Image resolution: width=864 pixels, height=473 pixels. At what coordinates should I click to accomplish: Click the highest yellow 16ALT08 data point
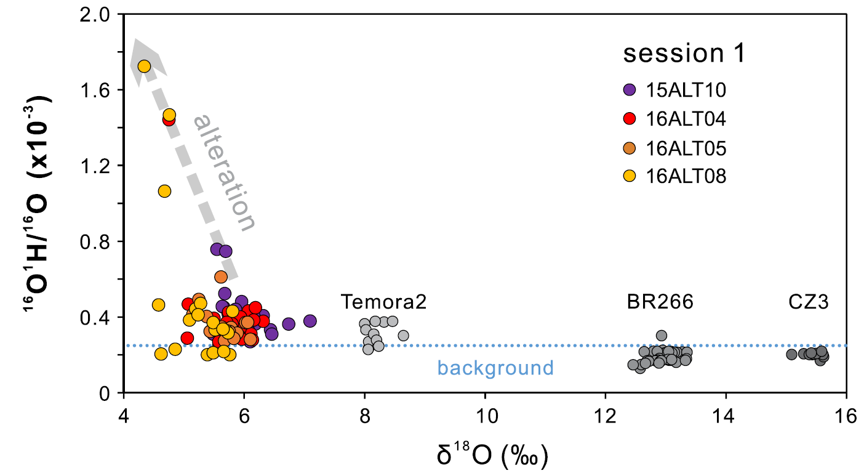145,67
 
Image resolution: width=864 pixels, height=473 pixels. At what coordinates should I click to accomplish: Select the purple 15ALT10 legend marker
629,91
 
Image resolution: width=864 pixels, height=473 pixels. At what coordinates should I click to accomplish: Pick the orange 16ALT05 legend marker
629,148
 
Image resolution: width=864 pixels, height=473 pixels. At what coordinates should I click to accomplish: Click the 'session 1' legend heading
684,54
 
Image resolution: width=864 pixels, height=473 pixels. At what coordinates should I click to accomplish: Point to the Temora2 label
384,302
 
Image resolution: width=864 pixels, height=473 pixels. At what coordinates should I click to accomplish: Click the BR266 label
660,302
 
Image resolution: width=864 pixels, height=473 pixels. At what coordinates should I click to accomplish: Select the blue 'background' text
495,368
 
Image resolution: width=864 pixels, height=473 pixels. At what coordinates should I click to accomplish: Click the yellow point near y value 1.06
164,191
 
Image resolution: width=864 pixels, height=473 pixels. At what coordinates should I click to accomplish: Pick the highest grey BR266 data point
662,336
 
